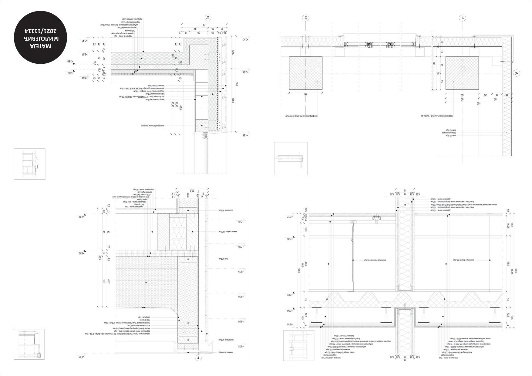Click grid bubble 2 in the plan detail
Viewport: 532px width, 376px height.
click(x=306, y=18)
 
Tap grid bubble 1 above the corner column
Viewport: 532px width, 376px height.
click(x=463, y=18)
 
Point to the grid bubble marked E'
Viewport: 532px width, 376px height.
click(x=208, y=18)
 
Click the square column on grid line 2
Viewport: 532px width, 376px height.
click(x=306, y=73)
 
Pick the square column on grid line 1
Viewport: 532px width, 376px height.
click(x=462, y=73)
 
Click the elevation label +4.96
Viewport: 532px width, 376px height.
click(x=245, y=135)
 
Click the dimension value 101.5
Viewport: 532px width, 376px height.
click(x=233, y=100)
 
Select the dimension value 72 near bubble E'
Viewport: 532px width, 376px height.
click(x=204, y=25)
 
